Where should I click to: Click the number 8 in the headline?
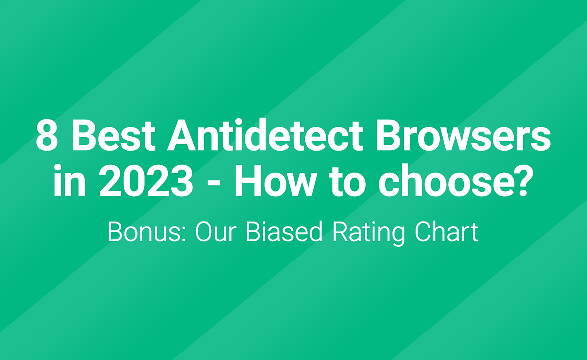pos(47,136)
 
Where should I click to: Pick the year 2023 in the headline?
pos(146,181)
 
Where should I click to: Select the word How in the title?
pos(275,181)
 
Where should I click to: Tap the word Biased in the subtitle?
pos(284,232)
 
